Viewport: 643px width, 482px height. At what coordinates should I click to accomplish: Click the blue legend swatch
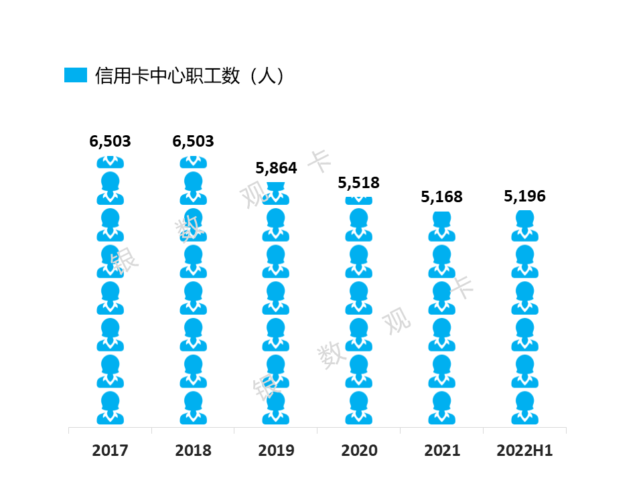[76, 75]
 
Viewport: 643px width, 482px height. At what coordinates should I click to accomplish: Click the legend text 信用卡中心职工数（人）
[190, 76]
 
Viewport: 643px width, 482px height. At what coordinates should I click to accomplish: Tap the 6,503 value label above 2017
[110, 141]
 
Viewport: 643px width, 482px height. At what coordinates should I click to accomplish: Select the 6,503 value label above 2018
[193, 141]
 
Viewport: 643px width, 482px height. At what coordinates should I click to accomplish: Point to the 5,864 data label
[276, 168]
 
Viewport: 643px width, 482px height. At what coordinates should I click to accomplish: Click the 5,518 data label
[359, 183]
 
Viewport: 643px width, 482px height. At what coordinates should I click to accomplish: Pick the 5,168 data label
[441, 197]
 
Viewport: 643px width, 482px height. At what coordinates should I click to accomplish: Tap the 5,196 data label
[525, 196]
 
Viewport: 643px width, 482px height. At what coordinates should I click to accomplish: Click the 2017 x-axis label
[110, 451]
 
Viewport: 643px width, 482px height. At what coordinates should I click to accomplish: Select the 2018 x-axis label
[193, 451]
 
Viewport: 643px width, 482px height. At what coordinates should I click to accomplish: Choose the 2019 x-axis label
[276, 451]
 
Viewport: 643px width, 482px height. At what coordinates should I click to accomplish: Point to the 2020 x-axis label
[359, 451]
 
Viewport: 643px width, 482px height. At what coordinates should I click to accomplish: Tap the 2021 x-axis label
[442, 451]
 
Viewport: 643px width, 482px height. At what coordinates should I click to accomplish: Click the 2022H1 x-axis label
[524, 451]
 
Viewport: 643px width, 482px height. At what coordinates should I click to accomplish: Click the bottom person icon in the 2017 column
[111, 408]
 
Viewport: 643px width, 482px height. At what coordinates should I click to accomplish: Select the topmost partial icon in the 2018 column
[193, 162]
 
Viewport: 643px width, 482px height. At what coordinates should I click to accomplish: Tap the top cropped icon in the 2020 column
[359, 201]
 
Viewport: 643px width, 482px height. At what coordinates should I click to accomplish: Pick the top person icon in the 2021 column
[441, 227]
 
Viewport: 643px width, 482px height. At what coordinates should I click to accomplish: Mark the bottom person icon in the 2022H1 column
[525, 408]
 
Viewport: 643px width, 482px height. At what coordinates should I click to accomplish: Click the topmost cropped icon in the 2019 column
[276, 194]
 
